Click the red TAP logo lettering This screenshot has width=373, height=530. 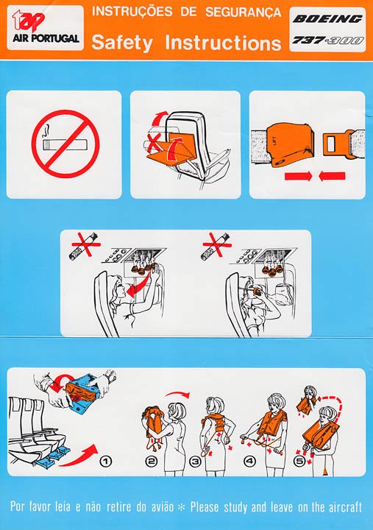28,21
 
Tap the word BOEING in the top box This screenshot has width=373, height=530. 327,18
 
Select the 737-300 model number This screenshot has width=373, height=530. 327,40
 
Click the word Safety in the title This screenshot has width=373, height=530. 122,43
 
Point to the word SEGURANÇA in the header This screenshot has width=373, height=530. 244,13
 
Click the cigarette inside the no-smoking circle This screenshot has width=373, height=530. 65,145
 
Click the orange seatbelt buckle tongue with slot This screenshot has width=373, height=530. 335,145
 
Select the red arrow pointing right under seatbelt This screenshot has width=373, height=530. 299,176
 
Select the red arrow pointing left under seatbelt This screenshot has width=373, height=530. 332,176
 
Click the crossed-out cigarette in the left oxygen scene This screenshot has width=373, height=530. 85,245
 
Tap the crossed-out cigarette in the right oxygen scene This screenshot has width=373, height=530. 216,245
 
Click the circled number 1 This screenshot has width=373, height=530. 106,461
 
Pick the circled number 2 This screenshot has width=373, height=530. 151,461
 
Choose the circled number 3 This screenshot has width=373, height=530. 195,461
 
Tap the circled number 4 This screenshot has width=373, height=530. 249,461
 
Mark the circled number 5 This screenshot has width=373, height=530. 299,461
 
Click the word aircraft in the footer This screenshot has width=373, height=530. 345,506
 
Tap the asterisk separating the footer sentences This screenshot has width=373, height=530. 182,507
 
